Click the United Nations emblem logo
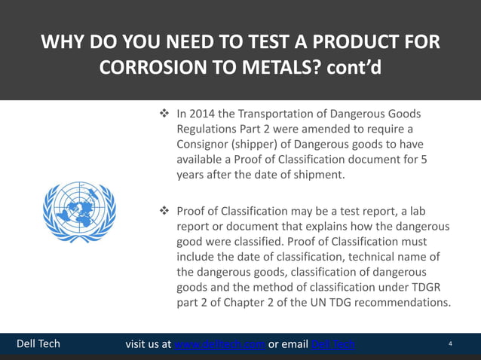(79, 205)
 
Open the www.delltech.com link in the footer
(219, 344)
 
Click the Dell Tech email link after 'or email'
(333, 344)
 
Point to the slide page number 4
(450, 344)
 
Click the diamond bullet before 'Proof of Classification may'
(163, 212)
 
